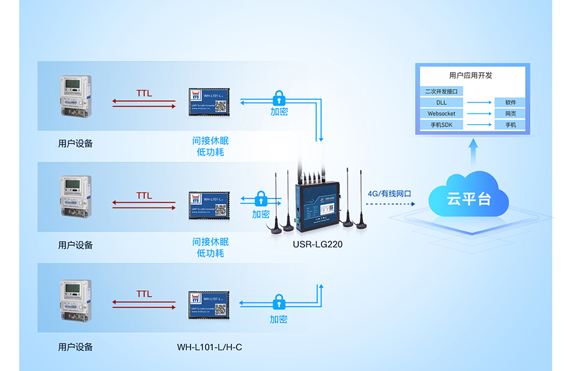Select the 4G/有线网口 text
390,193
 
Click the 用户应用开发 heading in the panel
470,75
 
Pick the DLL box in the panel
441,102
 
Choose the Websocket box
441,114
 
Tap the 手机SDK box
441,125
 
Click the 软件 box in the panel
510,102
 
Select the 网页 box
510,114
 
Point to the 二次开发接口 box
441,92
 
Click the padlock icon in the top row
278,98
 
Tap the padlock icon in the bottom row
278,302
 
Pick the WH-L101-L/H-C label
209,347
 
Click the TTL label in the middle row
144,195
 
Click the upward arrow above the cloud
472,151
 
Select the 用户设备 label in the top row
76,143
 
